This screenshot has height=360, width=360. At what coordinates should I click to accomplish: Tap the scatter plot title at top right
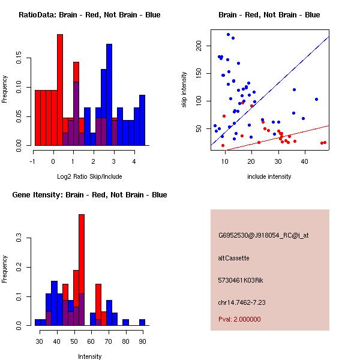click(x=269, y=15)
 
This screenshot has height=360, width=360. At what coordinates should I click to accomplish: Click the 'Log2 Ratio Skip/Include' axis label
click(x=89, y=176)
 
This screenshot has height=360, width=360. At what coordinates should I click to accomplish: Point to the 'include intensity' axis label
click(x=269, y=176)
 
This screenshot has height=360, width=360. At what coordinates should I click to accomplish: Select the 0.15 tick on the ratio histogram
click(x=22, y=60)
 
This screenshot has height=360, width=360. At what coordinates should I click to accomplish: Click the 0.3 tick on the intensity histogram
click(x=22, y=238)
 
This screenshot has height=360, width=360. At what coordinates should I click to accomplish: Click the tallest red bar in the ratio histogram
click(x=60, y=90)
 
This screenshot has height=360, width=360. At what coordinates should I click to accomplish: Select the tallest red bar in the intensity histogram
click(x=82, y=270)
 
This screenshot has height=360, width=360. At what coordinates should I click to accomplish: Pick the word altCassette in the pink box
click(x=233, y=258)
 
